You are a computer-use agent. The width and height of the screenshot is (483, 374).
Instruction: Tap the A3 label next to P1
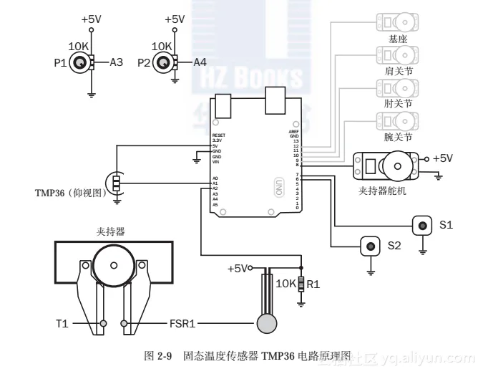(x=117, y=63)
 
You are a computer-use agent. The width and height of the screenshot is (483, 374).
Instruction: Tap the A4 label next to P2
(x=200, y=63)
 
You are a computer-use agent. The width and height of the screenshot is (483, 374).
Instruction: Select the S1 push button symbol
(x=423, y=226)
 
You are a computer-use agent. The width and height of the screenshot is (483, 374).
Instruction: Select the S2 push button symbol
(x=371, y=246)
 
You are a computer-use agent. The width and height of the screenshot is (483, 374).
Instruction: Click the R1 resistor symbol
(x=302, y=284)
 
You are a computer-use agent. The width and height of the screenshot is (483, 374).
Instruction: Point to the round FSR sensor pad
(x=267, y=322)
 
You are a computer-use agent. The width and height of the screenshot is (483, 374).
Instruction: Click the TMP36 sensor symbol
(x=114, y=183)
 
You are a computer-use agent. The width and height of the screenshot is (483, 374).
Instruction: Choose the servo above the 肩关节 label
(x=397, y=55)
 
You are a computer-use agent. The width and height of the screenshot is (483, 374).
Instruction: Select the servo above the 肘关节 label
(x=397, y=87)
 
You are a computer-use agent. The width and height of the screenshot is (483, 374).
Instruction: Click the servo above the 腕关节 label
(x=397, y=120)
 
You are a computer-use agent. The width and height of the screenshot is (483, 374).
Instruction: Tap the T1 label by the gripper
(x=62, y=324)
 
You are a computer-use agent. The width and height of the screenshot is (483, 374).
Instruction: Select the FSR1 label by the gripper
(x=182, y=324)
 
